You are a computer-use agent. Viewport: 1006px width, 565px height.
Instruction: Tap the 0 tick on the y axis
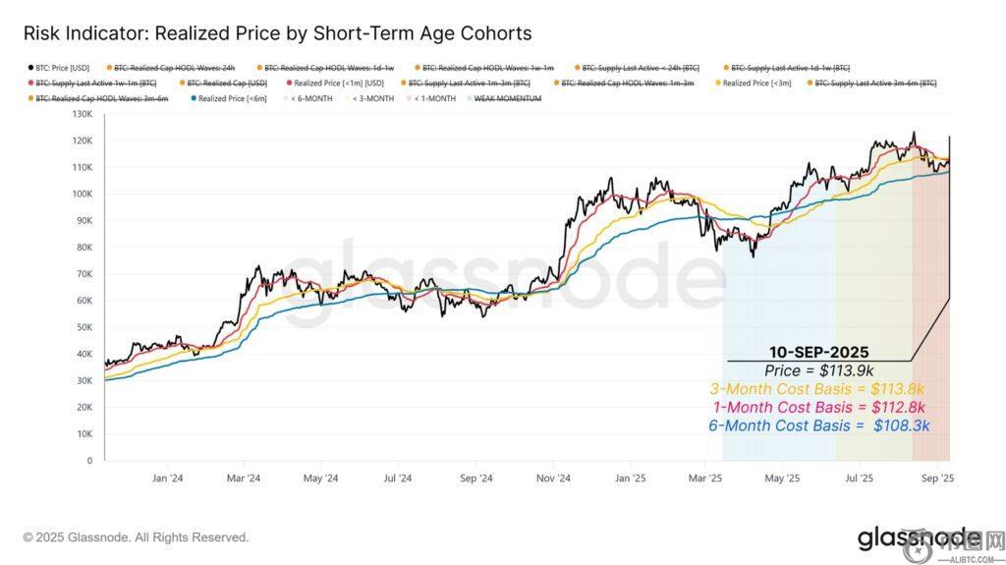pos(89,460)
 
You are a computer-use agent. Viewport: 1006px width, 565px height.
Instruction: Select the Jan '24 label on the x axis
pos(167,479)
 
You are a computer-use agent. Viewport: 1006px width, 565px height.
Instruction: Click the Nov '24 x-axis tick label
pos(554,479)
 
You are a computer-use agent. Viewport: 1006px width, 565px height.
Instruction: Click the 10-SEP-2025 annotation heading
pos(817,352)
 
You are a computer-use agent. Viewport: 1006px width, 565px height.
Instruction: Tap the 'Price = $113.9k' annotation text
pos(817,370)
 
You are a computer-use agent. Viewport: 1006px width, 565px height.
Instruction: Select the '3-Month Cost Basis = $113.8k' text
pos(817,389)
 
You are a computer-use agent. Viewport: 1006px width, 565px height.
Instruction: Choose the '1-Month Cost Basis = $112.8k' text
pos(817,408)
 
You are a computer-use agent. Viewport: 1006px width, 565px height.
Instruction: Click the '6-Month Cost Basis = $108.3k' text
pos(817,426)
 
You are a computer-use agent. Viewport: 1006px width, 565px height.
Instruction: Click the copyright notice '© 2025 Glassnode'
pos(136,537)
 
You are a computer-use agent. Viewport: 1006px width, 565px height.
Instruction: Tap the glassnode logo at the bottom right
pos(919,538)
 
